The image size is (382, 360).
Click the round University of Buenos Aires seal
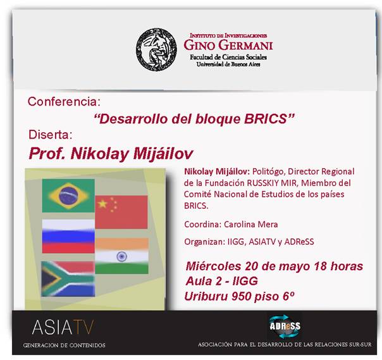157,49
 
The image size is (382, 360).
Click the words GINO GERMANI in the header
228,45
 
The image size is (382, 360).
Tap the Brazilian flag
68,196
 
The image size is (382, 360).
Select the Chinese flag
121,212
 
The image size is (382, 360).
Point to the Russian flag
68,236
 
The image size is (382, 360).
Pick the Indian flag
121,256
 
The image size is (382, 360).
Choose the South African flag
68,279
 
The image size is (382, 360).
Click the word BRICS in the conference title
266,119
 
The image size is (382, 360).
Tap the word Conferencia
64,102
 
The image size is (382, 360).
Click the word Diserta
51,135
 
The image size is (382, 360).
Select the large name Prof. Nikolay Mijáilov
111,154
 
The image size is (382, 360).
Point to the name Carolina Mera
250,224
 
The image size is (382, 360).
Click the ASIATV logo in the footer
63,327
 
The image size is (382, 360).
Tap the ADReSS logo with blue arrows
285,326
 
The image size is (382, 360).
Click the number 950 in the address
242,297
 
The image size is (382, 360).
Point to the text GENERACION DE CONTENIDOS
65,345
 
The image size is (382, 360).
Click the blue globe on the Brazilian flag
68,196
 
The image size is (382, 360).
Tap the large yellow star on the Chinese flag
102,204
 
